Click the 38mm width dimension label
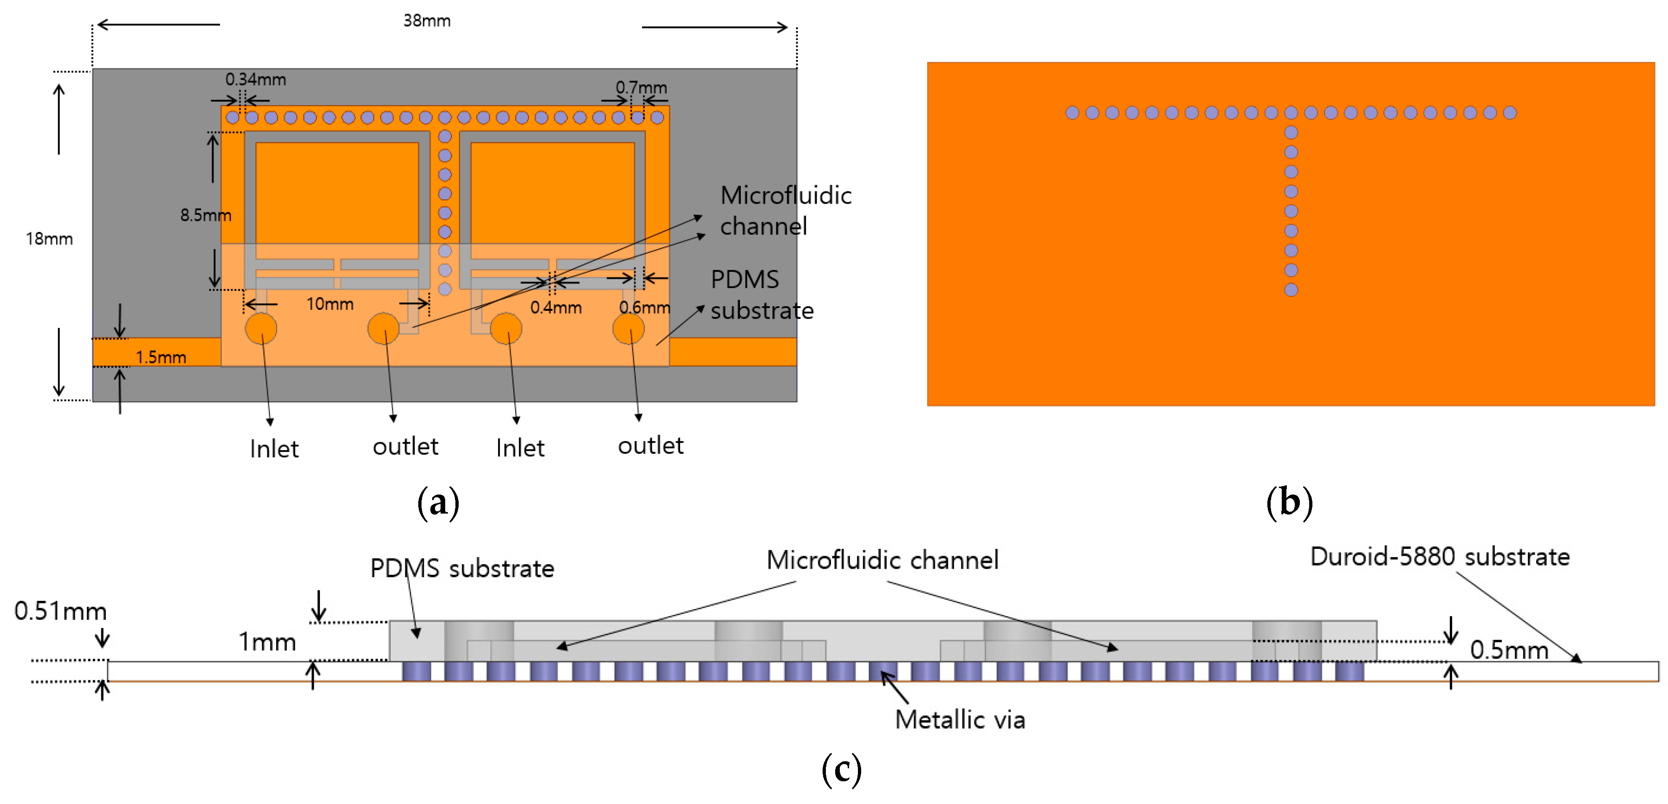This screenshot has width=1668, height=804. point(427,21)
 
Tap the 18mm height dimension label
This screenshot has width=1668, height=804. point(49,239)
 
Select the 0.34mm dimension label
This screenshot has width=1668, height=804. point(255,80)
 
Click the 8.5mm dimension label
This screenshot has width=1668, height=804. point(205,215)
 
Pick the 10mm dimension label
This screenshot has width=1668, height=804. point(330,303)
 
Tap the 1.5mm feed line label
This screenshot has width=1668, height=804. point(161,357)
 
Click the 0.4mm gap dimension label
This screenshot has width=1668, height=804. point(556,308)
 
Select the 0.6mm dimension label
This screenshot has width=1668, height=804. point(644,308)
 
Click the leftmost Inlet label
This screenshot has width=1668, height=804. point(274,449)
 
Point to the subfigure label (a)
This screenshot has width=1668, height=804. point(438,503)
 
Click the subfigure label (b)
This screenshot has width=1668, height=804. point(1289,503)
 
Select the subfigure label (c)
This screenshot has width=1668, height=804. point(841,769)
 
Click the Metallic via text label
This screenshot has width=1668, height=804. point(960,720)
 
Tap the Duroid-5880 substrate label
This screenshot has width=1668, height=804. point(1440,557)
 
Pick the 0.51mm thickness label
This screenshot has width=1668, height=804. point(60,611)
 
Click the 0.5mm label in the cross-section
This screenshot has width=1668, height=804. point(1509,650)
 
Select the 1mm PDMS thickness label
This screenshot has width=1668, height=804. point(267,642)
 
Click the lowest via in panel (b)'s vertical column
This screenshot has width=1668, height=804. point(1291,290)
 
